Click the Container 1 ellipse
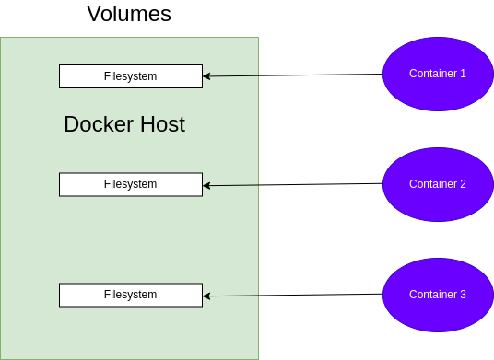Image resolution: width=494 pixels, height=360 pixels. [438, 74]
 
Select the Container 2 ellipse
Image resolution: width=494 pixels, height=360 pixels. [438, 184]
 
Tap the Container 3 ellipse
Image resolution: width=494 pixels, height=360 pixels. [438, 295]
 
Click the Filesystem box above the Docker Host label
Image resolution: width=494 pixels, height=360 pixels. [130, 76]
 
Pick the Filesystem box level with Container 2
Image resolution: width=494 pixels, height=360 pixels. [130, 184]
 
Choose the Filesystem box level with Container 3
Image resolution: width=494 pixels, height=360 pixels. [130, 295]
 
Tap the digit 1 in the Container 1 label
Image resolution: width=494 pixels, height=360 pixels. [463, 74]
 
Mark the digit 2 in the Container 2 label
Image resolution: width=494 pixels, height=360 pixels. [463, 184]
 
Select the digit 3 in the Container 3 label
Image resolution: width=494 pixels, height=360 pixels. [463, 295]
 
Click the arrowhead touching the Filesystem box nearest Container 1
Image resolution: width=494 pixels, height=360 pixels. [207, 75]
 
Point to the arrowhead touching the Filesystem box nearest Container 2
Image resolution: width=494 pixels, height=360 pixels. [207, 185]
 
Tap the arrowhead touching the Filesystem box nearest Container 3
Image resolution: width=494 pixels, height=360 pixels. [207, 296]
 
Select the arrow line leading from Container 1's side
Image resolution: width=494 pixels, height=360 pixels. [235, 75]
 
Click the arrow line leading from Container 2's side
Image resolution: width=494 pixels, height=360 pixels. [235, 185]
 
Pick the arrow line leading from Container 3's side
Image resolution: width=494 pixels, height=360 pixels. [235, 296]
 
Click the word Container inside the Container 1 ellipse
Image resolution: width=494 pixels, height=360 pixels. [432, 74]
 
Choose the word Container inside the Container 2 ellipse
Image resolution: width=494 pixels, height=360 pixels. [432, 184]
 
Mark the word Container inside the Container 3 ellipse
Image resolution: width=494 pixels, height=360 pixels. [432, 295]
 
